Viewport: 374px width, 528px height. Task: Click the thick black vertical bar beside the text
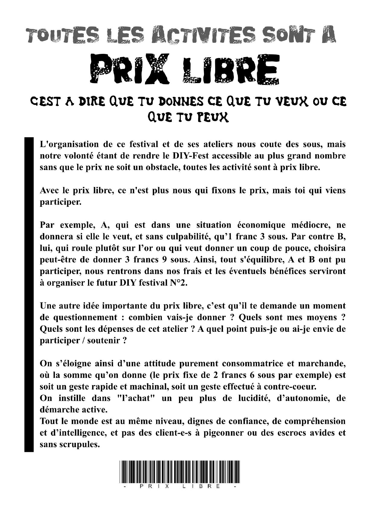29,294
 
